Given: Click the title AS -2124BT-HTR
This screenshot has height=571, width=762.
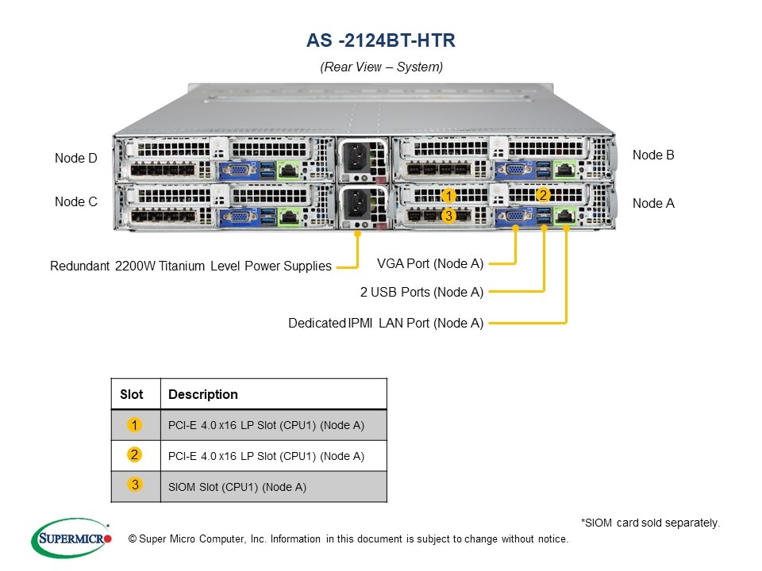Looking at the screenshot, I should pyautogui.click(x=381, y=40).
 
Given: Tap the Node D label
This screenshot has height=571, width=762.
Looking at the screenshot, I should pyautogui.click(x=76, y=159).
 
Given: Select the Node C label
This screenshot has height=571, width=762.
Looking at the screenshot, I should pyautogui.click(x=76, y=202).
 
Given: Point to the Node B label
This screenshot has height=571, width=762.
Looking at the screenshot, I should pyautogui.click(x=653, y=155).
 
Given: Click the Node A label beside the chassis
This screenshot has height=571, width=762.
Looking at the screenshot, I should pyautogui.click(x=653, y=204).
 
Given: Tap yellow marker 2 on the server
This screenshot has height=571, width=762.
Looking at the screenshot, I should pyautogui.click(x=543, y=195).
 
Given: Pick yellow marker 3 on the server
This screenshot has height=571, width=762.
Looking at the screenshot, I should pyautogui.click(x=448, y=215).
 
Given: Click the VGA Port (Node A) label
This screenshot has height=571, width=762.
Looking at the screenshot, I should pyautogui.click(x=429, y=263).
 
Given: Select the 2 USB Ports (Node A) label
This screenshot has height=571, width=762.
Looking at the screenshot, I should pyautogui.click(x=421, y=293).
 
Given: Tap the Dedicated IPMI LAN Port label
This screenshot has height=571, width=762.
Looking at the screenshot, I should pyautogui.click(x=386, y=324).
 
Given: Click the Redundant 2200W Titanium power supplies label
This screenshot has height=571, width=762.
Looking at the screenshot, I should pyautogui.click(x=190, y=266).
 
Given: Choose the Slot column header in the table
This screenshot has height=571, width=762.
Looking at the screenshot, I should pyautogui.click(x=132, y=394).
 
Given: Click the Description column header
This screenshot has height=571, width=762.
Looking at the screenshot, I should pyautogui.click(x=203, y=394).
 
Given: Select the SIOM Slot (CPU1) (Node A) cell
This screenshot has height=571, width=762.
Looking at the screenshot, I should pyautogui.click(x=237, y=487).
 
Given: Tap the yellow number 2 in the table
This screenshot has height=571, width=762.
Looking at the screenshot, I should pyautogui.click(x=135, y=454).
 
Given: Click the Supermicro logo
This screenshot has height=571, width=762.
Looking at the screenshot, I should pyautogui.click(x=71, y=538).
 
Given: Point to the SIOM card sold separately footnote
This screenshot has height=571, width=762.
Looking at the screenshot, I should pyautogui.click(x=650, y=523).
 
